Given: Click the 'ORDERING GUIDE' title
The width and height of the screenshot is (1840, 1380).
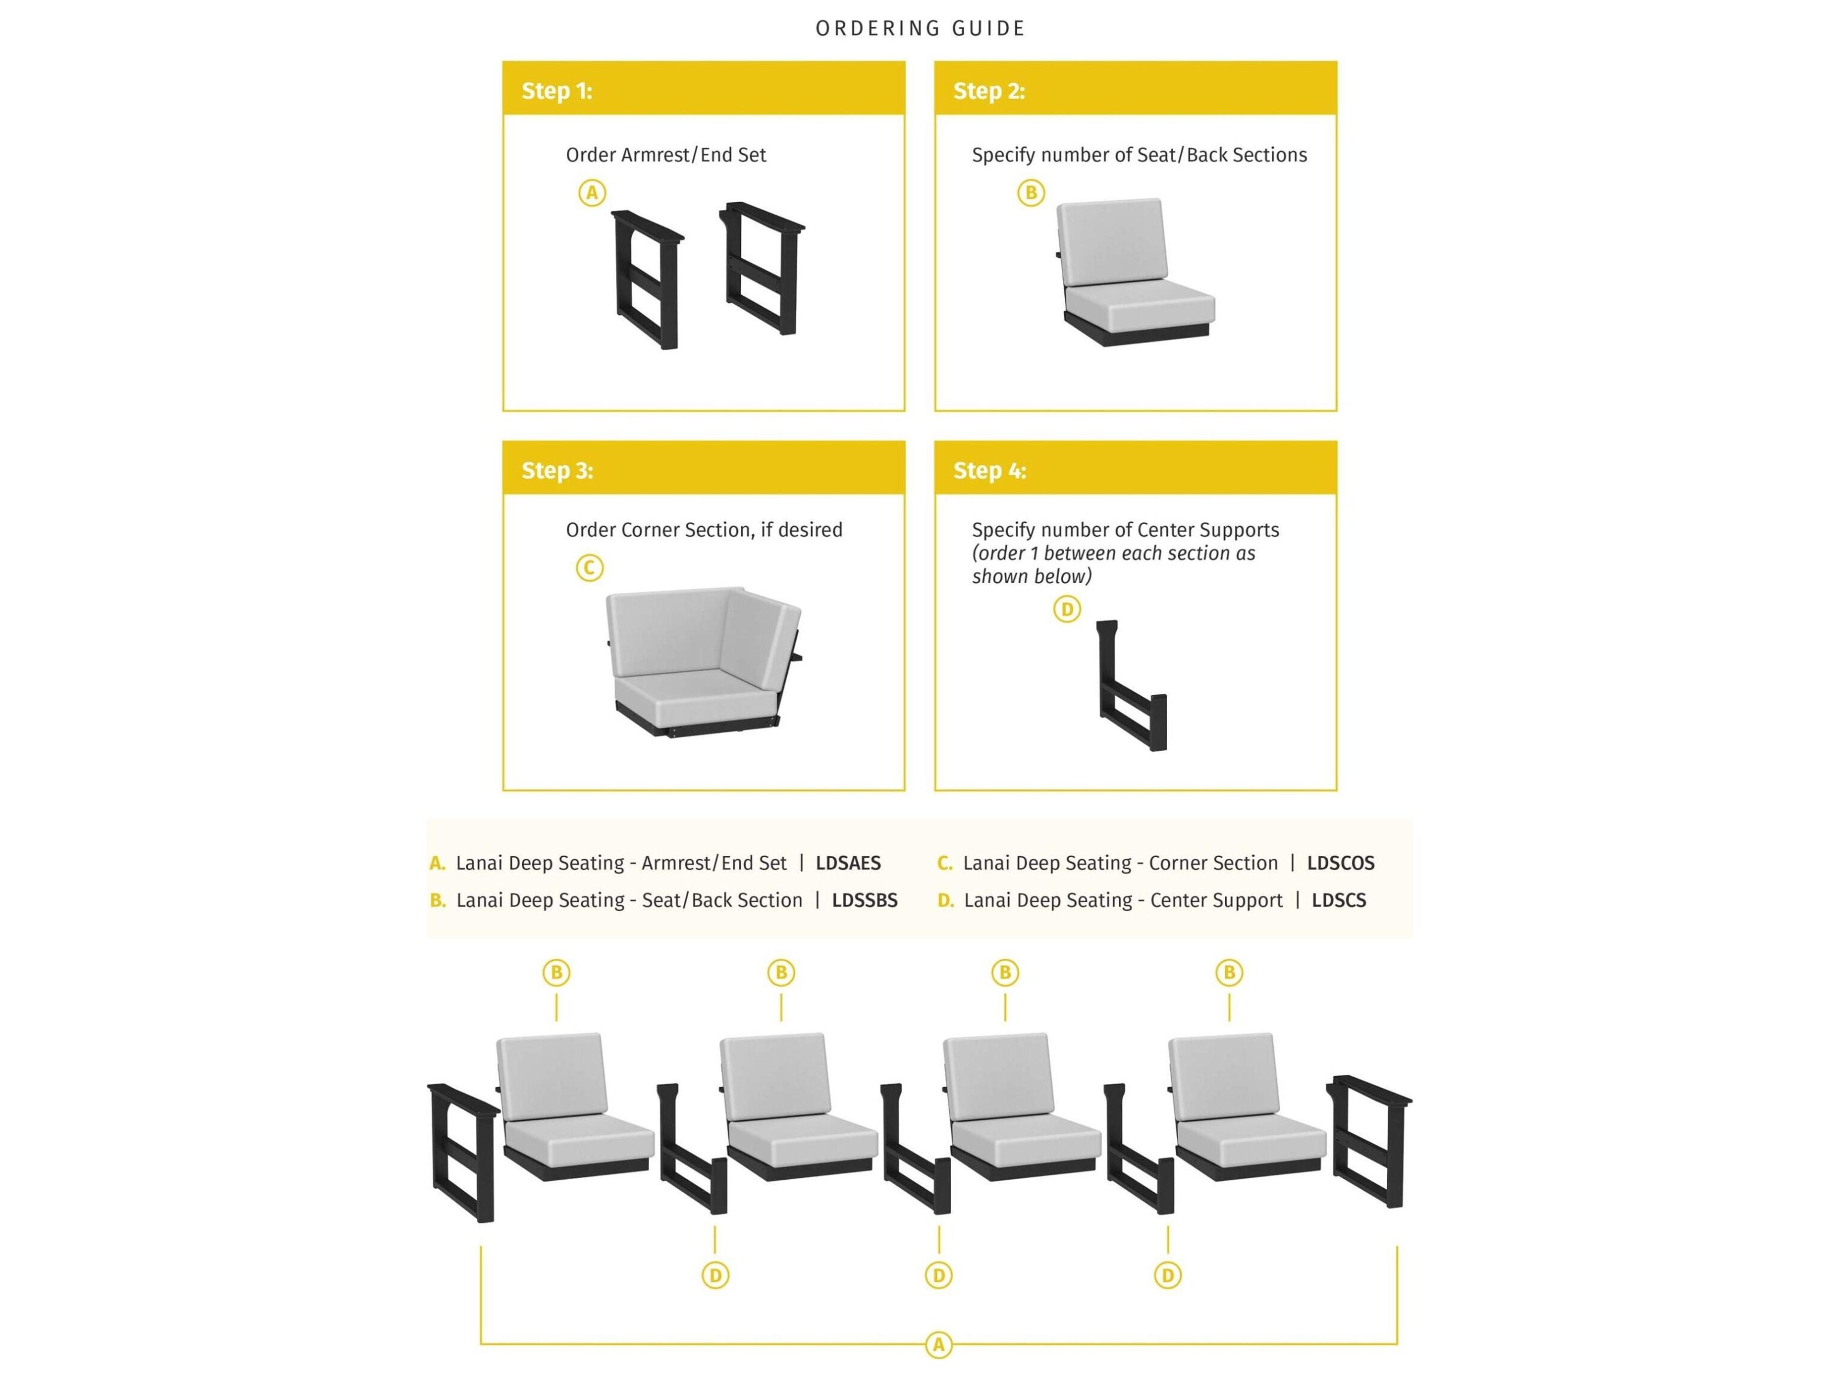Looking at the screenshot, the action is [920, 28].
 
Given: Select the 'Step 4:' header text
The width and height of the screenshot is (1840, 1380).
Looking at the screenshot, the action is [989, 471].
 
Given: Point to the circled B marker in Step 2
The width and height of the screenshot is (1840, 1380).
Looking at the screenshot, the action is [1031, 194].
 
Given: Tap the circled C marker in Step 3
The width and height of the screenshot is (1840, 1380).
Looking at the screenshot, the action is [590, 568].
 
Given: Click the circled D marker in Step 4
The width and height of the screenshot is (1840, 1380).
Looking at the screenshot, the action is [1067, 609].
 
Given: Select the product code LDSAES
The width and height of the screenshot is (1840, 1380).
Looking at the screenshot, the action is [848, 863].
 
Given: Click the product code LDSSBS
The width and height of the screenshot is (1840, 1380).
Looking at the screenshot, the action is [864, 900].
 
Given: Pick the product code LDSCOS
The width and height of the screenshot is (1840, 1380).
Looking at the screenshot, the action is [1340, 863].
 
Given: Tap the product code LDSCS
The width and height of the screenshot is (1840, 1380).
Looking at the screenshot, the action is [1338, 900].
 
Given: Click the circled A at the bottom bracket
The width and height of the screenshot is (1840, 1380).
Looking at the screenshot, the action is [938, 1345].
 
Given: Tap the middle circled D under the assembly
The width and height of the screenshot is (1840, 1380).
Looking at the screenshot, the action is [938, 1275].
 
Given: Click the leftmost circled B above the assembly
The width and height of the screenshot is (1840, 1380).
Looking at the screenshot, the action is [556, 972].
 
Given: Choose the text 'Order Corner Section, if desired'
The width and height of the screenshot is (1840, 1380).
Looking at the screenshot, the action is [704, 530].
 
